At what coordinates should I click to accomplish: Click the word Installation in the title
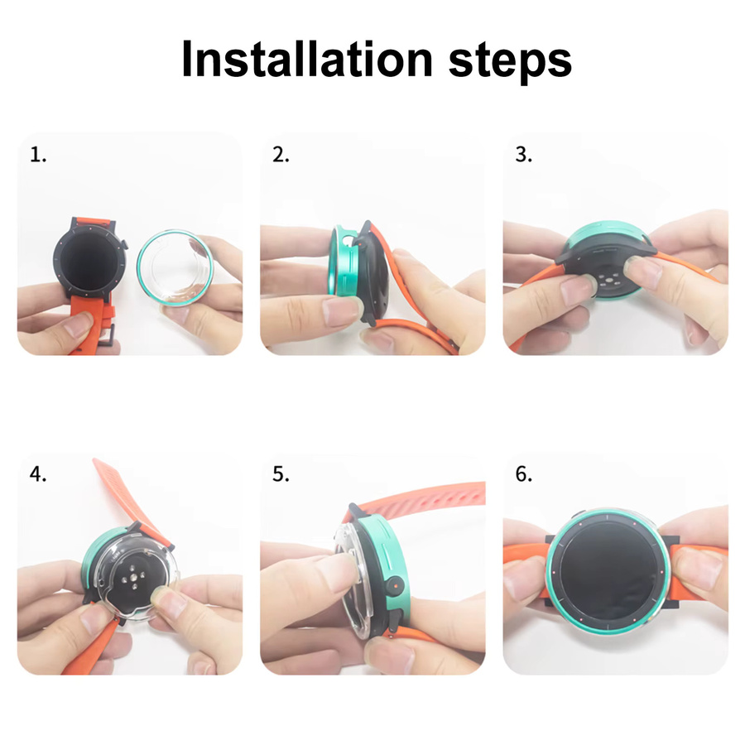tap(307, 59)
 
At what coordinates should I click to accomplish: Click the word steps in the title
tap(510, 60)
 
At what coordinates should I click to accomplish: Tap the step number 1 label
tap(38, 155)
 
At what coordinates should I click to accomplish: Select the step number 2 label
tap(281, 155)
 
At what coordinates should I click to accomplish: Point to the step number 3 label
tap(524, 155)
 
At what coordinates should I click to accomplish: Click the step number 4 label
tap(38, 473)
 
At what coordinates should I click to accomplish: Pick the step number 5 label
tap(281, 473)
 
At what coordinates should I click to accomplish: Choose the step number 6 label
tap(524, 473)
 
